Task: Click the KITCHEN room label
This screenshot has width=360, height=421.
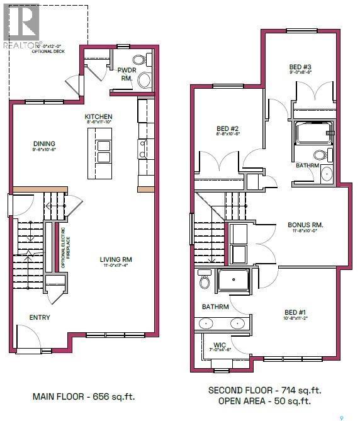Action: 99,117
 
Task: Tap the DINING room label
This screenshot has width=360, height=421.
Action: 43,143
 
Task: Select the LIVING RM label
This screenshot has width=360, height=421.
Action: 116,259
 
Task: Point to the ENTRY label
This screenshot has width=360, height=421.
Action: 40,318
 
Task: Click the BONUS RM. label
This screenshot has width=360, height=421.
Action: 305,225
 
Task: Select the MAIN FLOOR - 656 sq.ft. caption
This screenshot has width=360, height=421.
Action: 84,397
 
